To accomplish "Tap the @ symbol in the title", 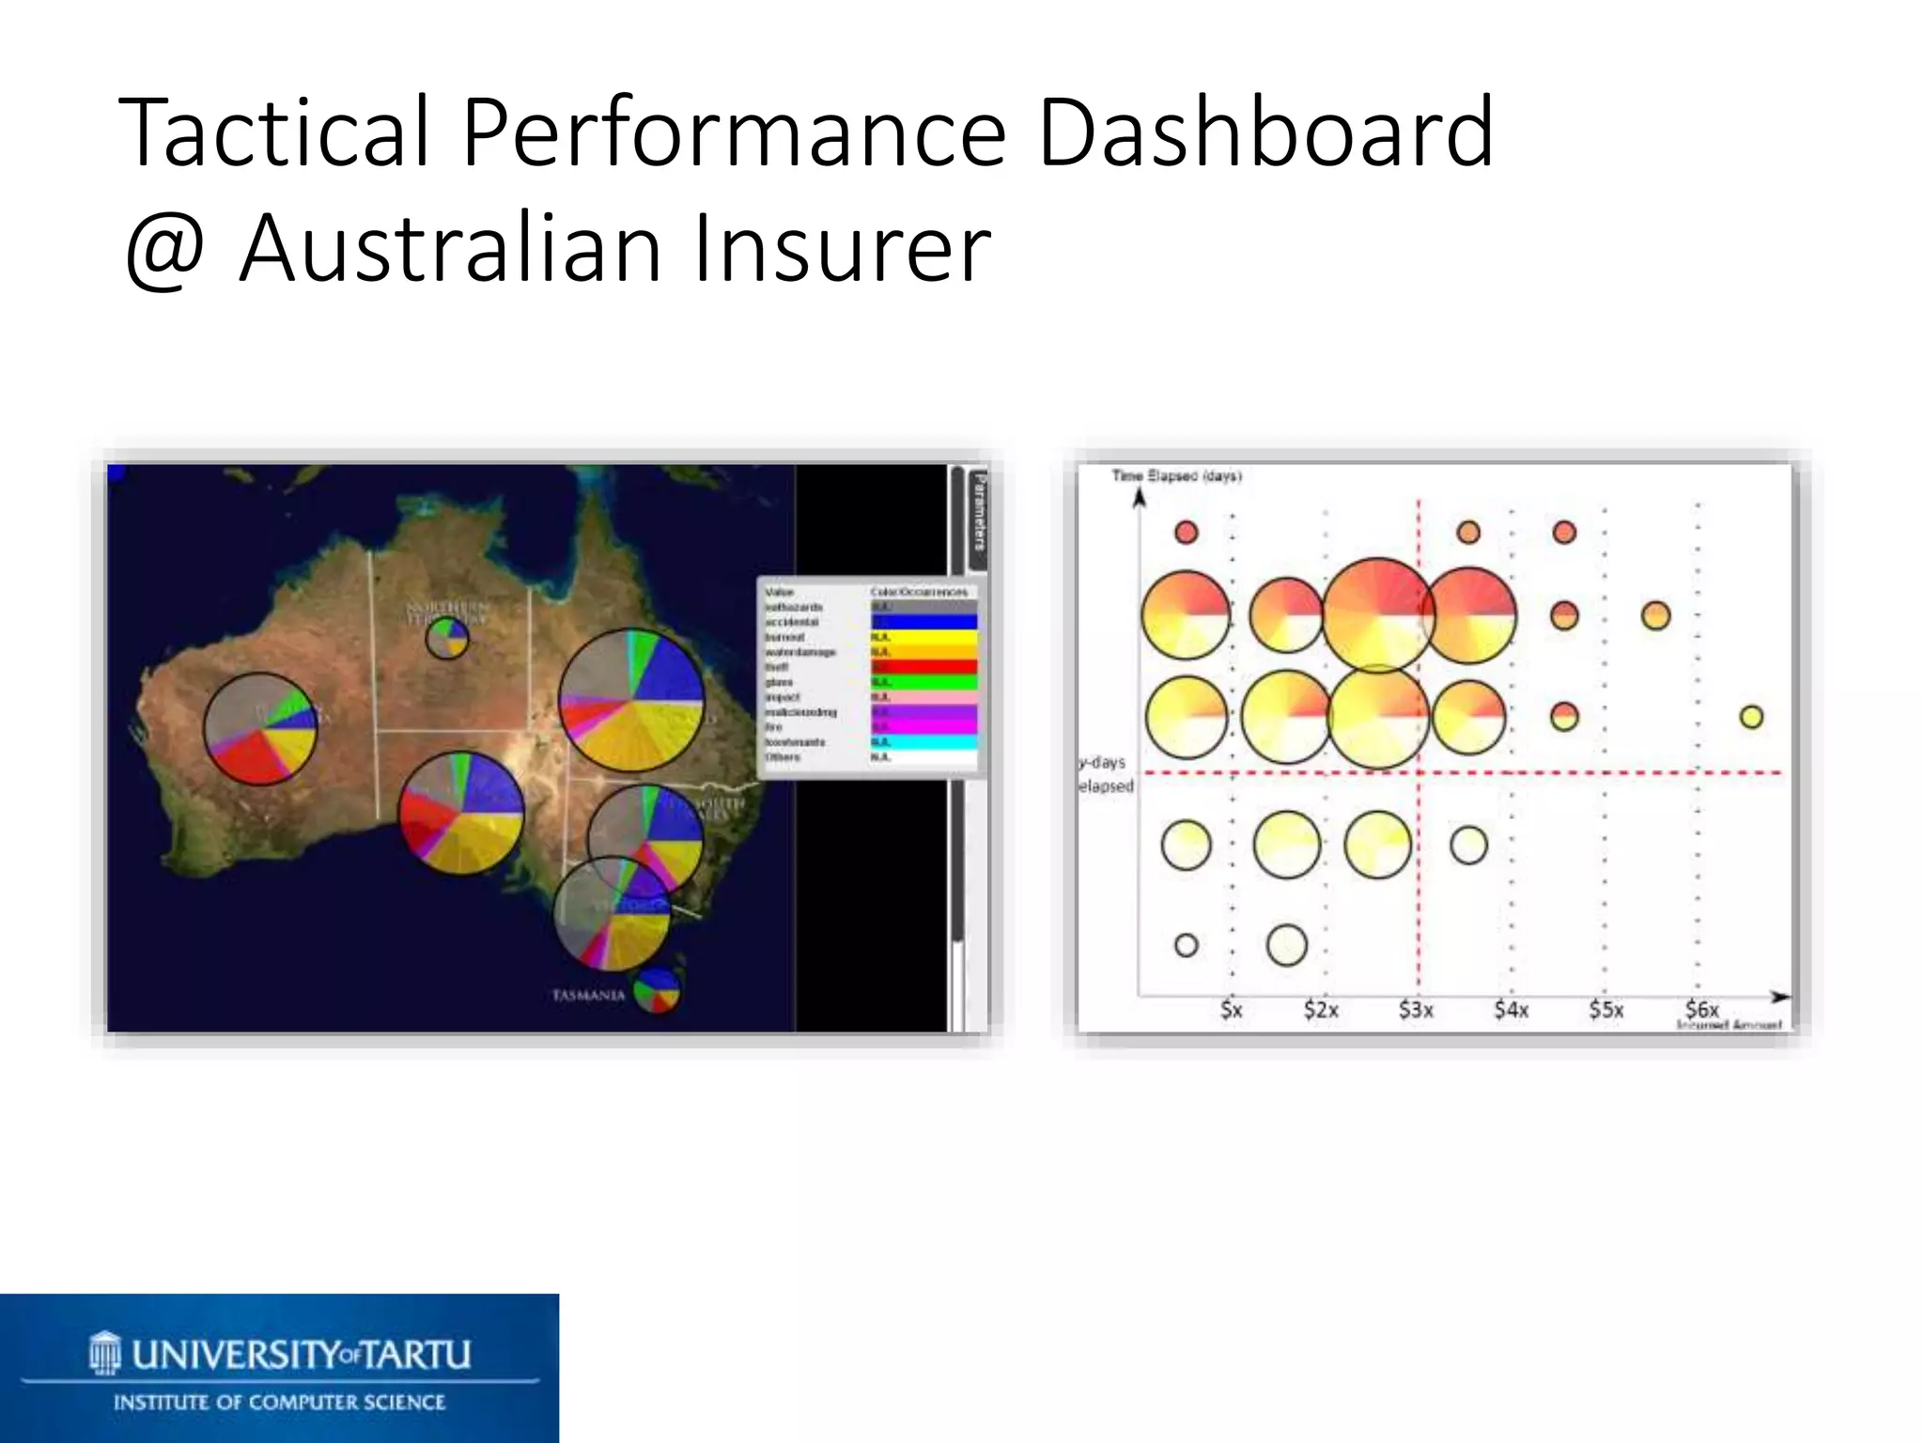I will (165, 250).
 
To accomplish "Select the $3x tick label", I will (1416, 1010).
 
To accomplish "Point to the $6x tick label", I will (1701, 1009).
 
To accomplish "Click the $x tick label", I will (1231, 1010).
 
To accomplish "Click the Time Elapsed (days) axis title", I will (1176, 476).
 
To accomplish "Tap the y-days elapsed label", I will (1106, 774).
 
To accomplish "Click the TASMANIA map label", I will (588, 995).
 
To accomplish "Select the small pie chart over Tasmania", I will (656, 990).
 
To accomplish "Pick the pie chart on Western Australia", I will (260, 729).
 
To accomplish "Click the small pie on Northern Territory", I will (447, 638).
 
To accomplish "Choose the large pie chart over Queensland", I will (631, 700).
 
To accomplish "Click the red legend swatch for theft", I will (923, 667).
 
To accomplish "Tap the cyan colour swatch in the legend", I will (923, 742).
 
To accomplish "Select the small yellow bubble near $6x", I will (1751, 717).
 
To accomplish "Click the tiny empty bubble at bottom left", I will (1186, 944).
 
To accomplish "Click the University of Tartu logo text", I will (301, 1354).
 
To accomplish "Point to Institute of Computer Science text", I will (279, 1403).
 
